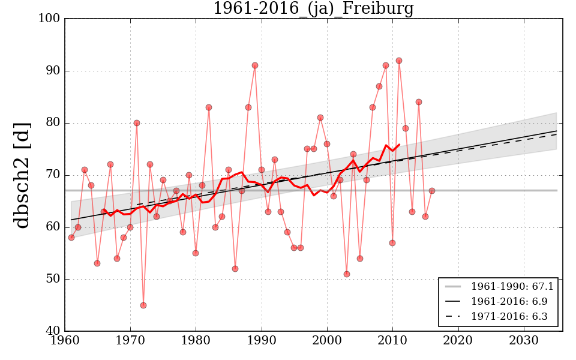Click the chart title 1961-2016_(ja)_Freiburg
pyautogui.click(x=313, y=8)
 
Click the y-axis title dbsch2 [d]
pyautogui.click(x=22, y=175)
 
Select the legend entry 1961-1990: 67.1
pyautogui.click(x=512, y=287)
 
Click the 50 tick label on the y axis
pyautogui.click(x=52, y=279)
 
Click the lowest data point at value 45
pyautogui.click(x=143, y=305)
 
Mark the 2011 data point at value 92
pyautogui.click(x=399, y=61)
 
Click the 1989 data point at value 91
pyautogui.click(x=255, y=65)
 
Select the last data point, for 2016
pyautogui.click(x=432, y=191)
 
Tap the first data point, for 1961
pyautogui.click(x=71, y=238)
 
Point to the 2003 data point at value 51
pyautogui.click(x=347, y=274)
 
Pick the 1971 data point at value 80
pyautogui.click(x=137, y=123)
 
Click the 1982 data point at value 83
pyautogui.click(x=209, y=107)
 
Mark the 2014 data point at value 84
pyautogui.click(x=419, y=102)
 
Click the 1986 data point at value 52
pyautogui.click(x=235, y=269)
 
